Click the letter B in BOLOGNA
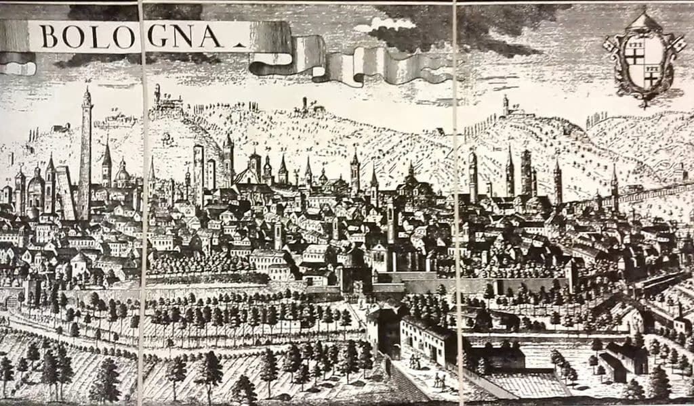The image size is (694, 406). (48, 37)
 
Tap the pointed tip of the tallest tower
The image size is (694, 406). (86, 89)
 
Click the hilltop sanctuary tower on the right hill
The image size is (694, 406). (505, 106)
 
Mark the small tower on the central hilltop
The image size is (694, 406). (304, 104)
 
